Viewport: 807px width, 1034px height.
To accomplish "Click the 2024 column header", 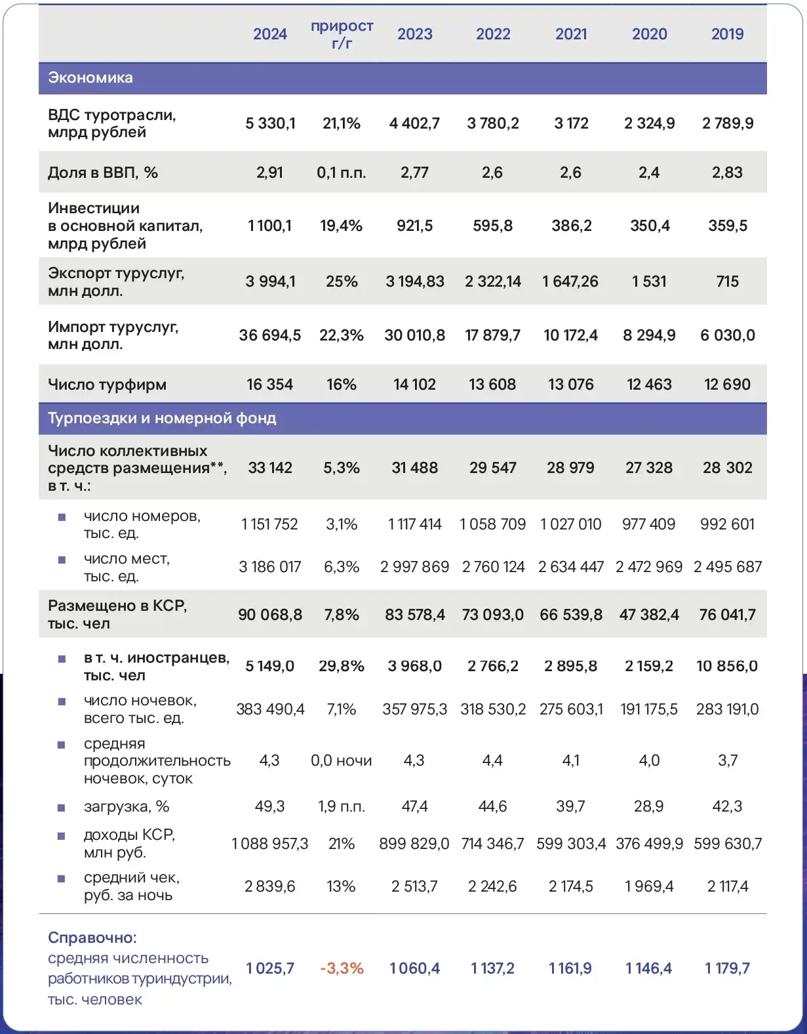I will click(x=270, y=34).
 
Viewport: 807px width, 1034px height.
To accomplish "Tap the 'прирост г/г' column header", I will click(x=342, y=34).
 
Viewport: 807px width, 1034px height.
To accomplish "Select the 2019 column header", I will click(x=727, y=34).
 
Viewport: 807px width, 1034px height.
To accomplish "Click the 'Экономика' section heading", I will click(x=90, y=77).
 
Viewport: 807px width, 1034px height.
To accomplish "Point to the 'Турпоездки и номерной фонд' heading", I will click(x=162, y=418).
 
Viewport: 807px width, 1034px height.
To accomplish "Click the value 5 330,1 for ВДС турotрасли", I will click(x=270, y=123).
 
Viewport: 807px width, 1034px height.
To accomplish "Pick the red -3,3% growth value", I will click(x=342, y=968).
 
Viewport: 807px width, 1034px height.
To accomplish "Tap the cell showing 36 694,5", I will click(x=270, y=335).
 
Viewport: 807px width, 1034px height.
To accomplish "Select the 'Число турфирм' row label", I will click(x=107, y=384).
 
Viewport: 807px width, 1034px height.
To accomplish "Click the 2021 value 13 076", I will click(x=570, y=384).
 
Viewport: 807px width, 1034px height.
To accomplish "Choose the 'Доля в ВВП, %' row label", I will click(x=103, y=173).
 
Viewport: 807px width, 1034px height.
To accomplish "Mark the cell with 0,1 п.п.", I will click(x=342, y=173).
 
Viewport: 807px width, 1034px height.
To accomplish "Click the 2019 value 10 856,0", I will click(x=727, y=666).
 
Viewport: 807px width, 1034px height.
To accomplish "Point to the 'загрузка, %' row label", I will click(x=127, y=806).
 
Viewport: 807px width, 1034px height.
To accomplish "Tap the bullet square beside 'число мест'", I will click(x=62, y=560).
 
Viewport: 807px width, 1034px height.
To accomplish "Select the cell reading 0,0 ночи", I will click(x=342, y=760).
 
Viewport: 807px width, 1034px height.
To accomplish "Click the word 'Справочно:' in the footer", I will click(x=92, y=938).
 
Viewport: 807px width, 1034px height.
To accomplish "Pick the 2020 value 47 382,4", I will click(x=649, y=615).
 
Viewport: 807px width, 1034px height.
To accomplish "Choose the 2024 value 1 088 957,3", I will click(x=270, y=843).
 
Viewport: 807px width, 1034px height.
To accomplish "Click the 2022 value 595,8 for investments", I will click(x=492, y=226).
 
